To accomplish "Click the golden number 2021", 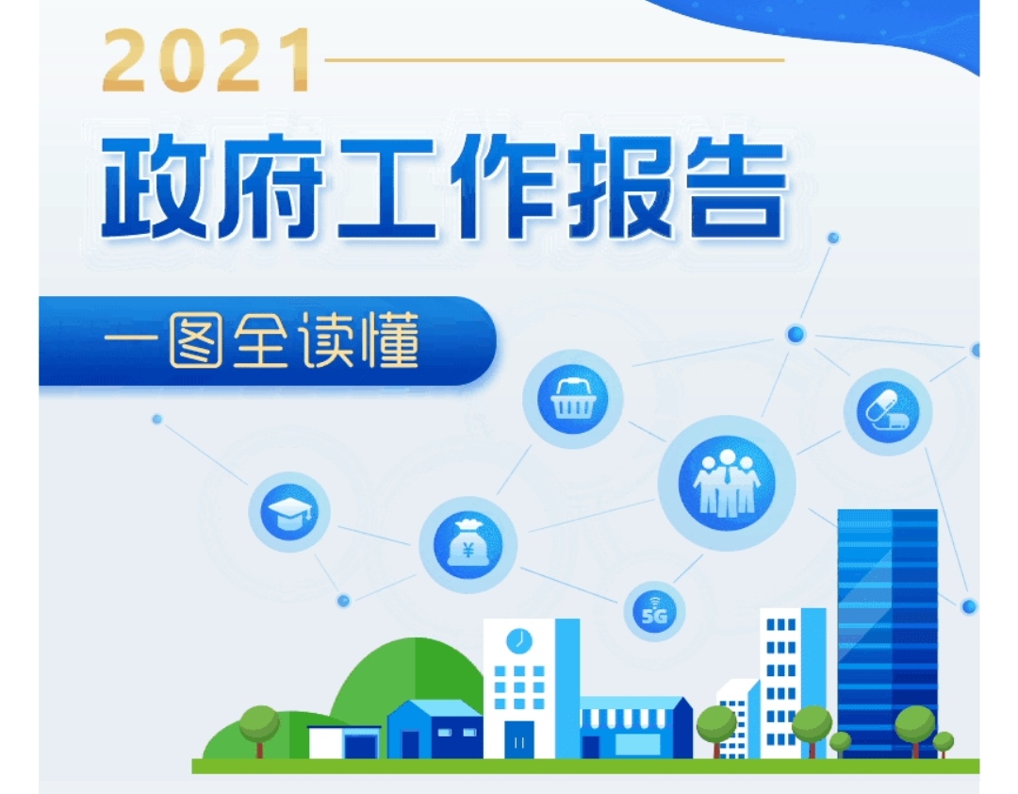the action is click(207, 59).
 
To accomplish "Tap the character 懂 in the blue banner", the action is click(391, 341).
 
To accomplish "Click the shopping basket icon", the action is click(573, 399).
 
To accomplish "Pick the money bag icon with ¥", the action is click(468, 545).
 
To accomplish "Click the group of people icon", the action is click(727, 483).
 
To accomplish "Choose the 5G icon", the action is click(654, 611).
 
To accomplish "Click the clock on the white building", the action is click(518, 641).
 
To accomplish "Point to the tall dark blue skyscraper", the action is click(887, 634).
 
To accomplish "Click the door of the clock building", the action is click(518, 739).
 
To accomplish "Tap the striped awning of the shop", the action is click(624, 718).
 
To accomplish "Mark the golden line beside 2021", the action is click(554, 59).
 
